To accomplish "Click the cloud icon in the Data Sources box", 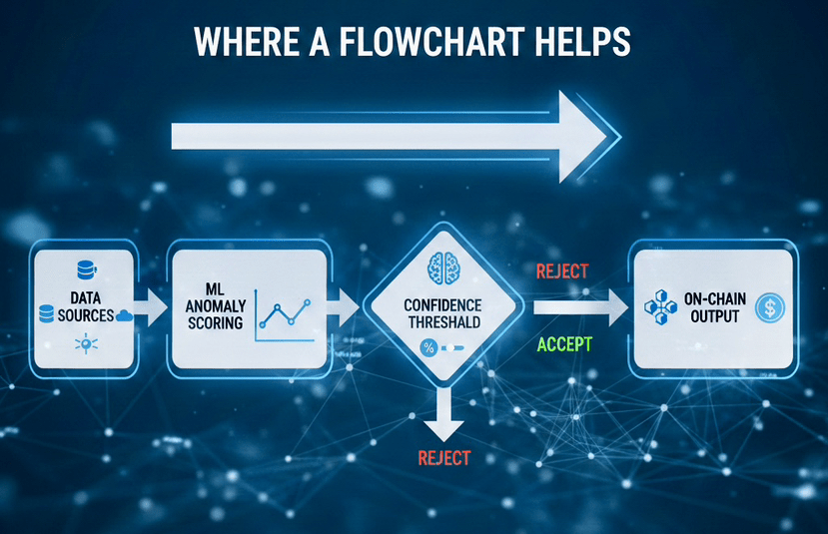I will coord(125,315).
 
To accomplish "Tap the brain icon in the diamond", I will coord(442,266).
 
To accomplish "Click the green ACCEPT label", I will coord(564,344).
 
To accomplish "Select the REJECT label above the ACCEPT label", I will coord(562,270).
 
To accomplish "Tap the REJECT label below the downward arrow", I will coord(441,459).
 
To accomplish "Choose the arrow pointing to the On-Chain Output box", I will coord(574,307).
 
